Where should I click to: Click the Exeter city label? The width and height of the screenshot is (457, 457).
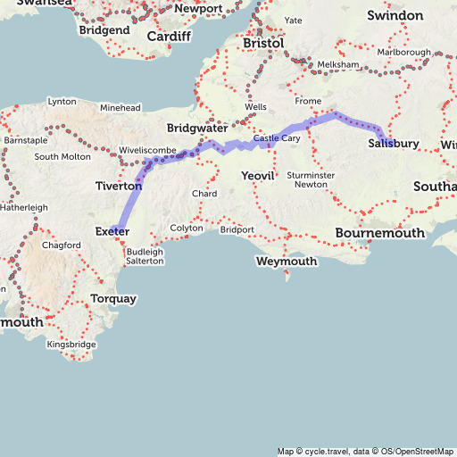pyautogui.click(x=112, y=232)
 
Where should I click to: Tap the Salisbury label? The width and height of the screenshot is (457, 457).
pyautogui.click(x=393, y=144)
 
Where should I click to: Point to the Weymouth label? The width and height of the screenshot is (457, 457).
pyautogui.click(x=286, y=262)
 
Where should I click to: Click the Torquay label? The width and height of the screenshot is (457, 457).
pyautogui.click(x=113, y=298)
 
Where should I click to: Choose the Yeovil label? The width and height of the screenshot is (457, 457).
pyautogui.click(x=261, y=177)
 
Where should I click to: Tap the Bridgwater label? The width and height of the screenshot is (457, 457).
pyautogui.click(x=197, y=129)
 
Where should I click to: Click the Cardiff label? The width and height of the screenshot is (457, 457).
pyautogui.click(x=169, y=37)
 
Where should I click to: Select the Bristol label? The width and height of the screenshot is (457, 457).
pyautogui.click(x=263, y=43)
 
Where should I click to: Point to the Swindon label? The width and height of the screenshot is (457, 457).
pyautogui.click(x=395, y=16)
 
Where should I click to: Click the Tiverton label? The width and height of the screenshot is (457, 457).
pyautogui.click(x=119, y=186)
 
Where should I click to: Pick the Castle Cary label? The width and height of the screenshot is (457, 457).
pyautogui.click(x=277, y=139)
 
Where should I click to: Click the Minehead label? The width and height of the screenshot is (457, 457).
pyautogui.click(x=120, y=108)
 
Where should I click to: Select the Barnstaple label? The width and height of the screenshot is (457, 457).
pyautogui.click(x=26, y=141)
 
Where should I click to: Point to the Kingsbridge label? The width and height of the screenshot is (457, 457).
pyautogui.click(x=71, y=344)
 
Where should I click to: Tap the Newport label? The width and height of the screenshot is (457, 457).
pyautogui.click(x=197, y=9)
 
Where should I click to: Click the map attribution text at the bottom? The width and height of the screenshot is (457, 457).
pyautogui.click(x=366, y=451)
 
